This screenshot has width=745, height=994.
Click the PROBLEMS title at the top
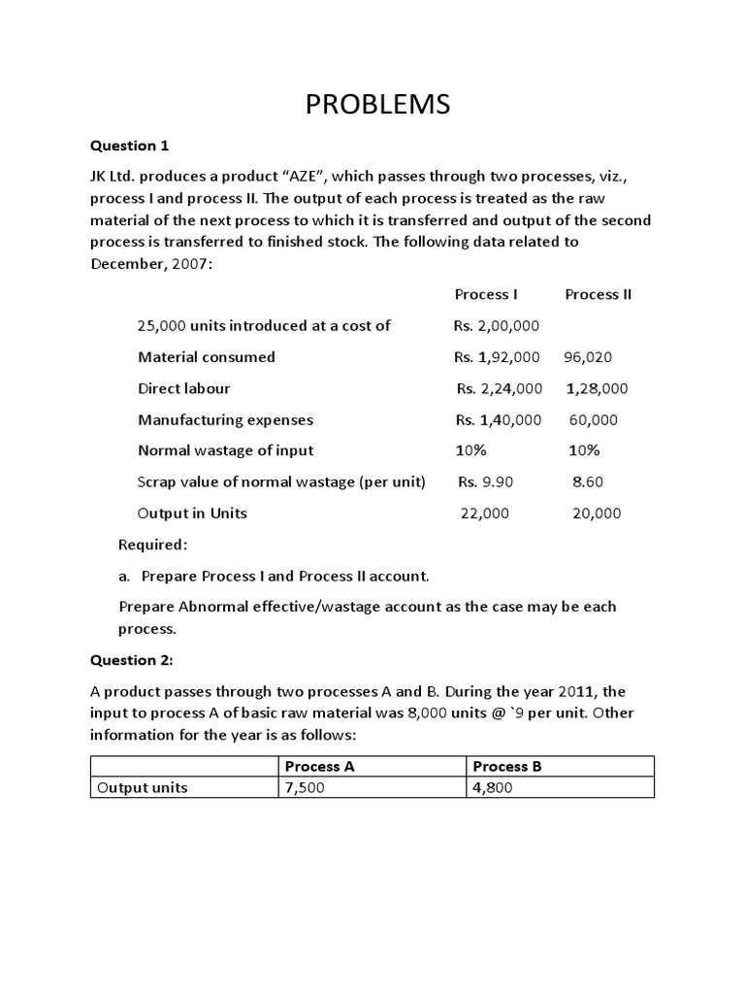tap(377, 104)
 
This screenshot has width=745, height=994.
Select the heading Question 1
tap(130, 146)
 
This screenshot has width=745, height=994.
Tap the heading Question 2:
tap(132, 660)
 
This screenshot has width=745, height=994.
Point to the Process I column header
tap(486, 294)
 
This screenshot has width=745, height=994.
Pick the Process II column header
tap(598, 294)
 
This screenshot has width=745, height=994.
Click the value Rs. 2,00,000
tap(497, 325)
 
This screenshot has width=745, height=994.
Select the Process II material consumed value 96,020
tap(588, 357)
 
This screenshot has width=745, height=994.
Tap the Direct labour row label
tap(184, 388)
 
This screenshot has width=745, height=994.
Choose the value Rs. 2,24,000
tap(500, 388)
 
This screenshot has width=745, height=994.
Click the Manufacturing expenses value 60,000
tap(593, 420)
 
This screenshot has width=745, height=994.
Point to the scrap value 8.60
tap(588, 481)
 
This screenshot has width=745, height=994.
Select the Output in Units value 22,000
tap(484, 514)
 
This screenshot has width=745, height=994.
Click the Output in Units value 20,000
tap(597, 514)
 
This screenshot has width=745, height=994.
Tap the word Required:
tap(152, 545)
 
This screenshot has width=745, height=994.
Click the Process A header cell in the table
tap(319, 766)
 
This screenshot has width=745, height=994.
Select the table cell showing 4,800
tap(493, 788)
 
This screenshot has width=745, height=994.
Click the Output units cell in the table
tap(142, 788)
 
